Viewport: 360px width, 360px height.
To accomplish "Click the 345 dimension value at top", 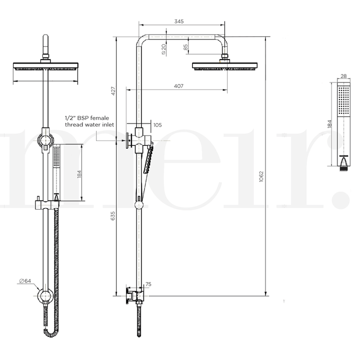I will (179, 21).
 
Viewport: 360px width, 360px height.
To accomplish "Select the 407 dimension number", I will (179, 86).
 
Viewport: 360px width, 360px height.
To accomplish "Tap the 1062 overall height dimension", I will (261, 176).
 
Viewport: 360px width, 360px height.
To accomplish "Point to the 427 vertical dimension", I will (113, 90).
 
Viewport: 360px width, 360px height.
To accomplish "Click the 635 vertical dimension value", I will (113, 216).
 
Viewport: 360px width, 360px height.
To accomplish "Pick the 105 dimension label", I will (157, 125).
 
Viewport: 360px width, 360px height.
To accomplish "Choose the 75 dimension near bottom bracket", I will (148, 284).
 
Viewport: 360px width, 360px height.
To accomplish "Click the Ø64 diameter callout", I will (25, 281).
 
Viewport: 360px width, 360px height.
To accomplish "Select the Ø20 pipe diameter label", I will (164, 48).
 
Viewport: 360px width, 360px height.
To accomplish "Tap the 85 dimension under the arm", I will (186, 47).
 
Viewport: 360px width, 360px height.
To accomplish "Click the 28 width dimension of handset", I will (343, 76).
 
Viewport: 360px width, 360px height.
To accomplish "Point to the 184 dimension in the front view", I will (80, 173).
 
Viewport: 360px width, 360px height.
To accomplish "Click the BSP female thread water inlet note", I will (89, 120).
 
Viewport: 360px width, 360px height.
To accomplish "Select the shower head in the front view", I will (46, 66).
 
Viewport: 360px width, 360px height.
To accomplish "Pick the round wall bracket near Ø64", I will (46, 297).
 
